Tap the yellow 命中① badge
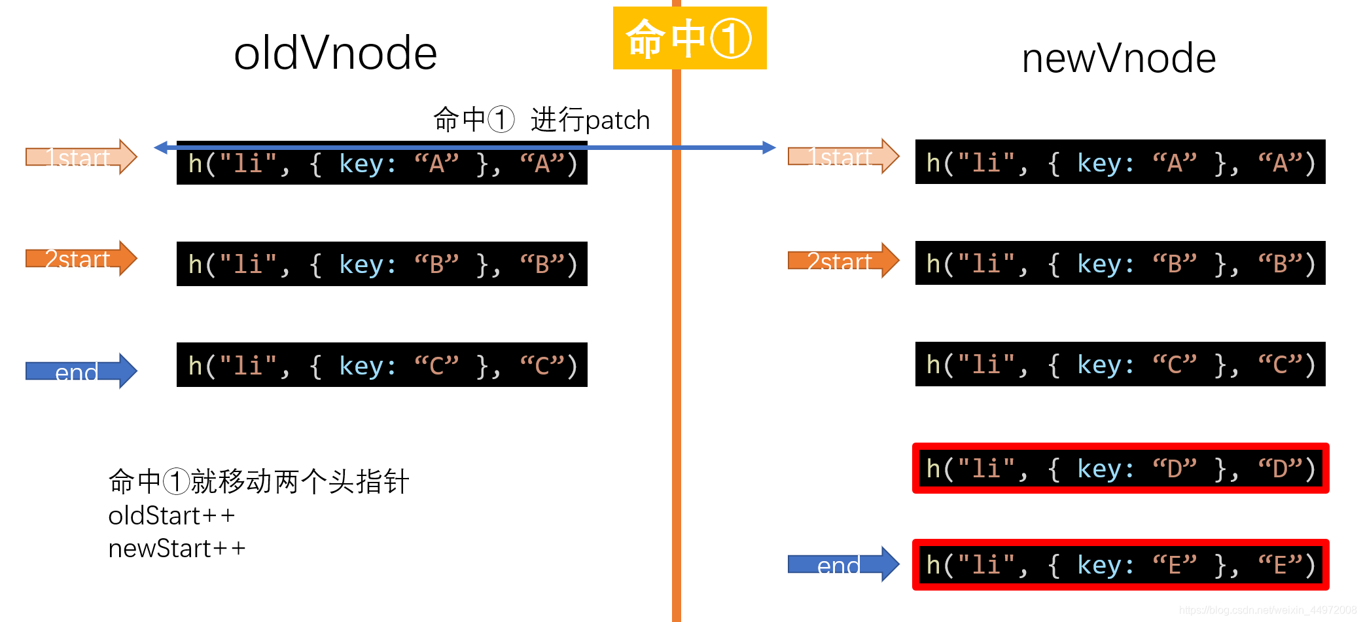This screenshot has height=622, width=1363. click(x=689, y=38)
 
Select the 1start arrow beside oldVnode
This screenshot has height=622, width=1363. click(x=80, y=157)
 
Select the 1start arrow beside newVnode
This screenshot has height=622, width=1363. click(x=843, y=156)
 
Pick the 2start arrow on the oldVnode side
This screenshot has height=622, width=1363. click(x=80, y=259)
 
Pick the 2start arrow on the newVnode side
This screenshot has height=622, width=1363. click(x=843, y=261)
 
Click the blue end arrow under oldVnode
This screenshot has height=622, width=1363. click(x=80, y=371)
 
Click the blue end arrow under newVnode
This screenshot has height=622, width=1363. click(x=843, y=564)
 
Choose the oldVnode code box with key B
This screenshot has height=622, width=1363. click(x=381, y=264)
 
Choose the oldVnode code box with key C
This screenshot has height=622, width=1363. click(x=381, y=365)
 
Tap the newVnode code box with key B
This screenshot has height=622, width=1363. click(x=1120, y=263)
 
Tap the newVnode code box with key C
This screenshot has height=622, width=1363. click(x=1120, y=364)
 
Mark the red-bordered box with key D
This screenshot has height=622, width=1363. click(x=1120, y=468)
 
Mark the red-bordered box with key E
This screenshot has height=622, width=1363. click(x=1120, y=564)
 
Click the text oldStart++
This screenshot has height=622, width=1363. click(x=171, y=516)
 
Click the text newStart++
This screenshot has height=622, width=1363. click(x=177, y=549)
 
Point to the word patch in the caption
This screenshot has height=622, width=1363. click(x=617, y=120)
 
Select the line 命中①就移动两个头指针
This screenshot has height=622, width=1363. click(x=258, y=482)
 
